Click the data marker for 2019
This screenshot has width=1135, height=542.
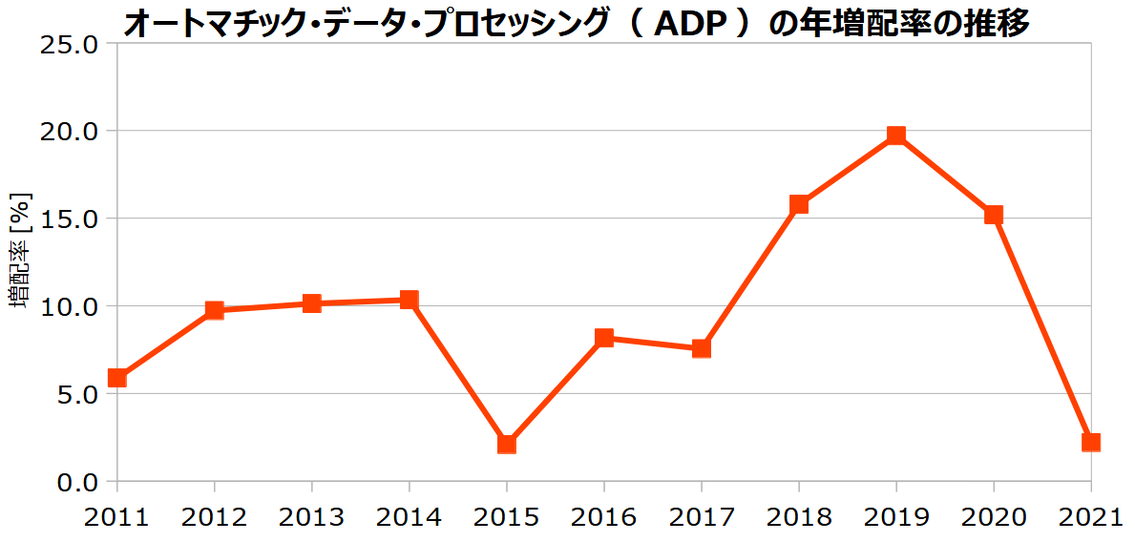tap(895, 135)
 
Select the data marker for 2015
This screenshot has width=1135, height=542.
tap(507, 444)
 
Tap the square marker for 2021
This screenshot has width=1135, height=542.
tap(1090, 442)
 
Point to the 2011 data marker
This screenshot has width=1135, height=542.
tap(117, 378)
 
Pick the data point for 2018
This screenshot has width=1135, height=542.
tap(799, 204)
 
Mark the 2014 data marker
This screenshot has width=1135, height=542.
tap(409, 300)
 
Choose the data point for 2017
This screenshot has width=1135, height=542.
tap(702, 348)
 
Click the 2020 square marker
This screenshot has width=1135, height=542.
tap(993, 215)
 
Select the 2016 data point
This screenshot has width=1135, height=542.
tap(604, 338)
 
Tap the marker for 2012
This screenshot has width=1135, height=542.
tap(215, 310)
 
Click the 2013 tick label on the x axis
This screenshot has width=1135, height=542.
tap(311, 517)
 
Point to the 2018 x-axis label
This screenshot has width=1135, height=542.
tap(799, 517)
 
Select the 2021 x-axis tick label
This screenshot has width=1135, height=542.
tap(1090, 517)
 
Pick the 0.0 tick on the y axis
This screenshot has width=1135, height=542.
tap(76, 482)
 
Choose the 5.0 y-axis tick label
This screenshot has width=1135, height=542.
tap(76, 394)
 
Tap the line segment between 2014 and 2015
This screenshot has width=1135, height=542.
tap(458, 372)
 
